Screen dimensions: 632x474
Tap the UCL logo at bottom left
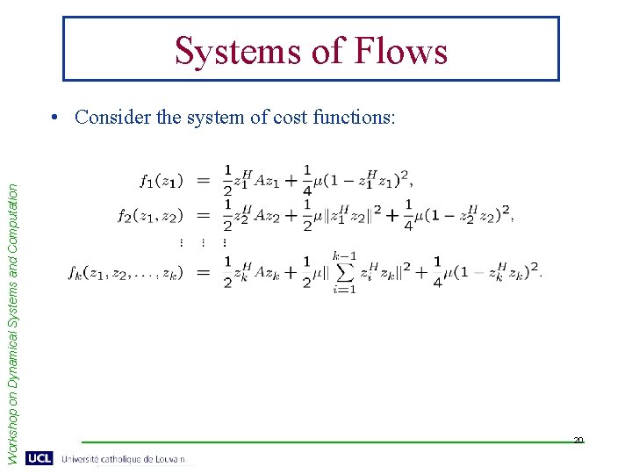(39, 458)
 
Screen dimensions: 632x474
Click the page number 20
(578, 440)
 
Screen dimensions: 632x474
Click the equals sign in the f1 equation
(203, 180)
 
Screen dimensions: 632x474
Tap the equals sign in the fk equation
(203, 273)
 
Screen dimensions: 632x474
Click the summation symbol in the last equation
(344, 273)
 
